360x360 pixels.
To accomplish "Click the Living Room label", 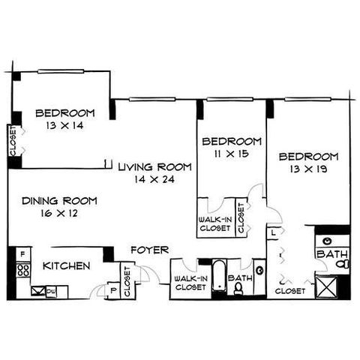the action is click(155, 167).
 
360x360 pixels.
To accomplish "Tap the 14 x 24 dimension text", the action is click(154, 179).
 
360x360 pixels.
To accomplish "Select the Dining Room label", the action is click(59, 201).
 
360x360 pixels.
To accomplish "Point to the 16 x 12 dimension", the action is click(59, 213).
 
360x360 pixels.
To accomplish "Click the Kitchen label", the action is click(67, 265).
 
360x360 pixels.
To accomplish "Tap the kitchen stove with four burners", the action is click(23, 270).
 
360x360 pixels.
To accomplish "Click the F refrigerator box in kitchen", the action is click(23, 254).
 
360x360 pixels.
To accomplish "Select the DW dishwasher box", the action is click(51, 292).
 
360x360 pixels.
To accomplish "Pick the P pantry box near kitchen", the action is click(114, 290).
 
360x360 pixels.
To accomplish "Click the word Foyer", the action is click(150, 250).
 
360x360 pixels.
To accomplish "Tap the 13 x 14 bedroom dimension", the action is click(64, 125).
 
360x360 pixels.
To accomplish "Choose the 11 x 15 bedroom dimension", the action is click(231, 154).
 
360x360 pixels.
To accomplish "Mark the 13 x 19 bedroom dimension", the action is click(308, 169).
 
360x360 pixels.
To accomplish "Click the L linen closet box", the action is click(273, 233).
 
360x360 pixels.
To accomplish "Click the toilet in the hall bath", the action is click(238, 289).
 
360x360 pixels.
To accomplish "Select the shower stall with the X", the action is click(326, 286).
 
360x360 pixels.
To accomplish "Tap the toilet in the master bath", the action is click(343, 264).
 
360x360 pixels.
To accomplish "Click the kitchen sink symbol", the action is click(38, 291).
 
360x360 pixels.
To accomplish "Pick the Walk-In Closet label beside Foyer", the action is click(190, 283).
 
